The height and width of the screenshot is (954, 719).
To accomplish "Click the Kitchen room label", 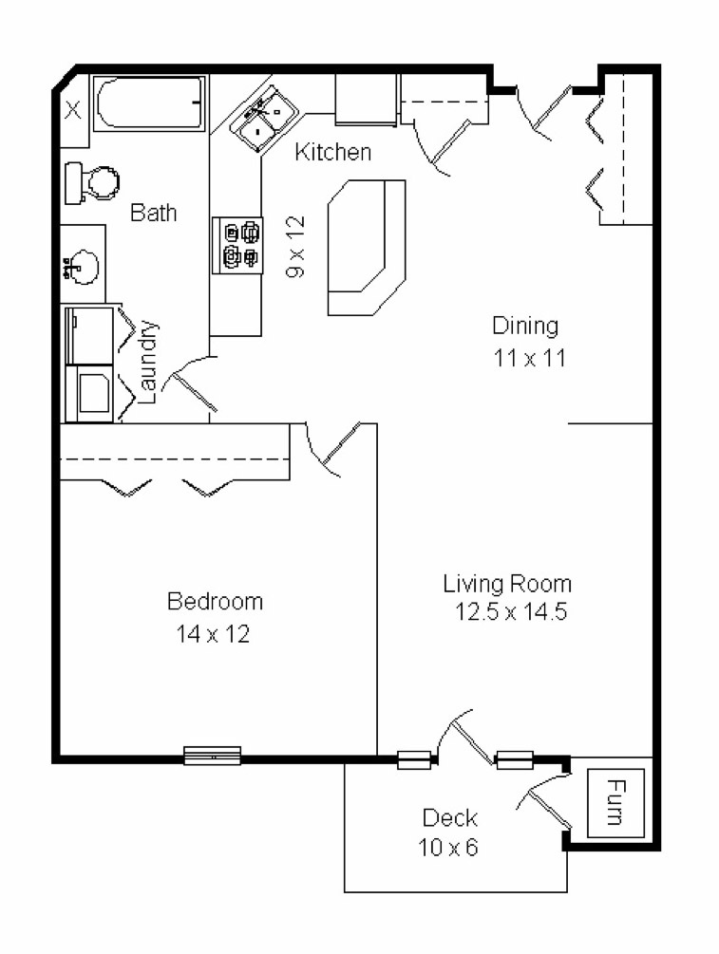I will pyautogui.click(x=331, y=152).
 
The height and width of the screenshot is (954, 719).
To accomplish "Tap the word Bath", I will pyautogui.click(x=153, y=213).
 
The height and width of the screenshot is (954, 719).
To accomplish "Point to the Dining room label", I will pyautogui.click(x=524, y=326).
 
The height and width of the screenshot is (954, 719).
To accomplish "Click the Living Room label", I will pyautogui.click(x=508, y=583).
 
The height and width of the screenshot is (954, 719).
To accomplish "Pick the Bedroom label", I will pyautogui.click(x=215, y=601).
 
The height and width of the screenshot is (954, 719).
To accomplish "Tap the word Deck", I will pyautogui.click(x=449, y=817).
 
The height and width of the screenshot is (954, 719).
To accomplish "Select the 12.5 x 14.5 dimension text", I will pyautogui.click(x=511, y=612).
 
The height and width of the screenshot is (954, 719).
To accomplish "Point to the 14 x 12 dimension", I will pyautogui.click(x=213, y=633).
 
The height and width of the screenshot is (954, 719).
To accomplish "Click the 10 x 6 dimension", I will pyautogui.click(x=449, y=847).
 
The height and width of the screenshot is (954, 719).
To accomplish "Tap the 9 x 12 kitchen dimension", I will pyautogui.click(x=296, y=246).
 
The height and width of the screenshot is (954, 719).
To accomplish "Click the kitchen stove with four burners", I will pyautogui.click(x=237, y=245).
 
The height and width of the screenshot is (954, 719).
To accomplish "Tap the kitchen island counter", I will pyautogui.click(x=366, y=247).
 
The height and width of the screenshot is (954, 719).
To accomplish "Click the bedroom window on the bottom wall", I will pyautogui.click(x=212, y=756).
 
